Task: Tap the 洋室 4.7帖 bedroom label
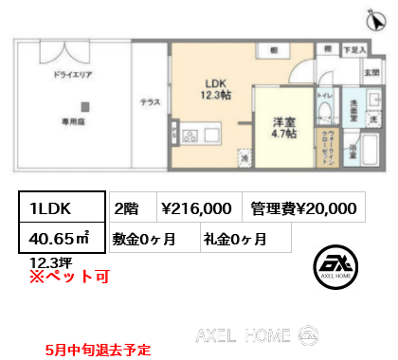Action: [x=283, y=128]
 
